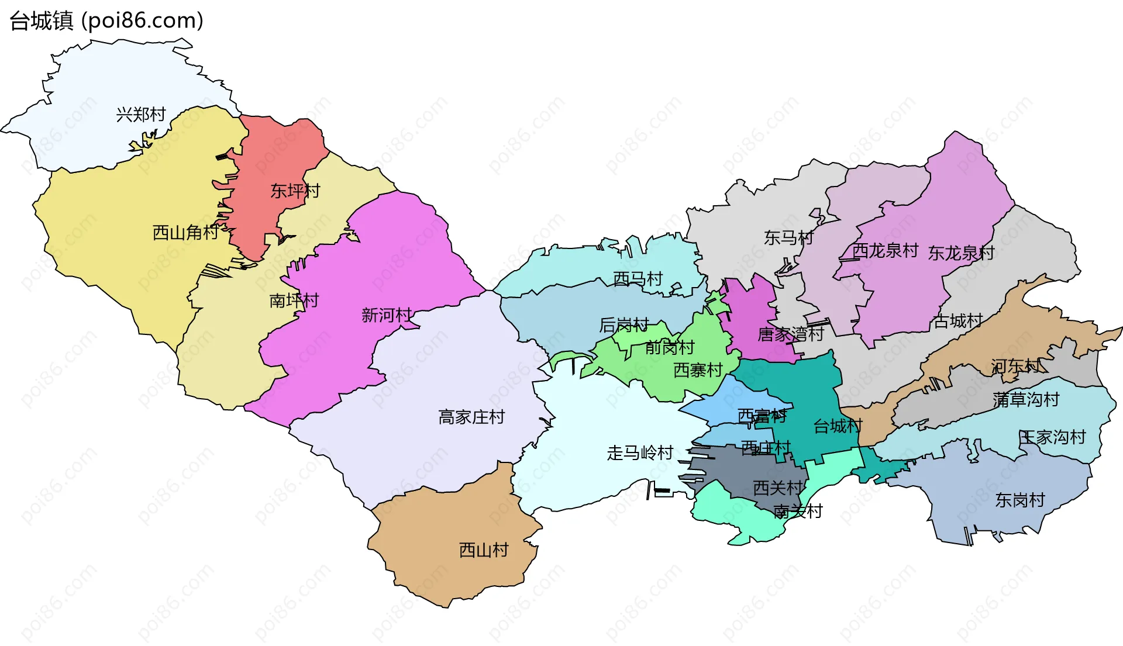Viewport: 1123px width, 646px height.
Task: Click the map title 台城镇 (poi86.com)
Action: tap(106, 21)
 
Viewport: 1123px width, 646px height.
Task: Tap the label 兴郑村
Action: tap(141, 115)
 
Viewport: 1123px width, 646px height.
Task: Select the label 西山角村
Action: tap(185, 233)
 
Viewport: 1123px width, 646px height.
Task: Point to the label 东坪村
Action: tap(295, 191)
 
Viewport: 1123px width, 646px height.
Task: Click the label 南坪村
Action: tap(294, 300)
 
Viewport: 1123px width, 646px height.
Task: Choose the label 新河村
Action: tap(387, 315)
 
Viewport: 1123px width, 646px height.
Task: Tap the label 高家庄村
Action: tap(471, 417)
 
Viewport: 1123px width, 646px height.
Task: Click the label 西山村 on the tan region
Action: tap(484, 550)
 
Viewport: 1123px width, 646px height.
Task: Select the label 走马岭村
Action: tap(640, 452)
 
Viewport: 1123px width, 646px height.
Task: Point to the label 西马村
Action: tap(638, 278)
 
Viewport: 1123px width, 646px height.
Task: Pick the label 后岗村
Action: tap(624, 324)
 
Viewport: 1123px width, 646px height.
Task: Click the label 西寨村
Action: tap(698, 369)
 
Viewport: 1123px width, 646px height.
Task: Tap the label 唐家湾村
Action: tap(790, 334)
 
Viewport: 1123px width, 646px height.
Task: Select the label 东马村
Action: tap(788, 237)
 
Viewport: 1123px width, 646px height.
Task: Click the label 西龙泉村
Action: tap(885, 250)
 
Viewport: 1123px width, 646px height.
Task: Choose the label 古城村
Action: tap(957, 320)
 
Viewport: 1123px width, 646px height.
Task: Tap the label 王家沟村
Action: tap(1052, 437)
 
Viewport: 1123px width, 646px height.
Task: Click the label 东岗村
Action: tap(1019, 500)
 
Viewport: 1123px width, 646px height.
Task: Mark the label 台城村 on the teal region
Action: tap(838, 426)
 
